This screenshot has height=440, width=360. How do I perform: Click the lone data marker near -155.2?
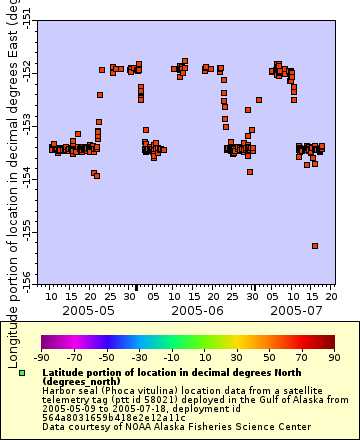point(315,245)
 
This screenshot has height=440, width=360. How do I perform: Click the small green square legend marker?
point(22,372)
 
